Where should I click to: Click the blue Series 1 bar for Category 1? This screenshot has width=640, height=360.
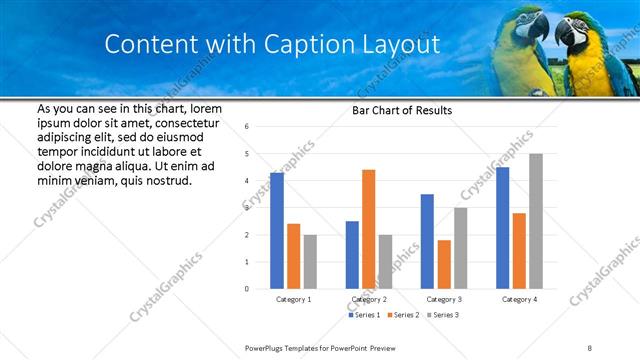coord(277,231)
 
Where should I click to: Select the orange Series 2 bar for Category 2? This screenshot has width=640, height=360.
coord(368,229)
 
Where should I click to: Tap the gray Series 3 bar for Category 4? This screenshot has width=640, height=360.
coord(536,221)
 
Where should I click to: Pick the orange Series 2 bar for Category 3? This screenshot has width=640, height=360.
coord(444,264)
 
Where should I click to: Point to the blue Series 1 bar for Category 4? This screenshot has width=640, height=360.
coord(502,228)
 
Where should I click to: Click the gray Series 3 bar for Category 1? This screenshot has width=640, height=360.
coord(310,262)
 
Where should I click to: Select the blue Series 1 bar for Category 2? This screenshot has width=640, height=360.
coord(352,255)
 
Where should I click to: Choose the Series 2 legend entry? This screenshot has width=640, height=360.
coord(401,315)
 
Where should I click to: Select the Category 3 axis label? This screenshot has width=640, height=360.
coord(443,299)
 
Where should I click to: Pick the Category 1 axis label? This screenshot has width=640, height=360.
coord(293,299)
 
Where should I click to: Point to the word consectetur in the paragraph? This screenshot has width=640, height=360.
coord(187,121)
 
